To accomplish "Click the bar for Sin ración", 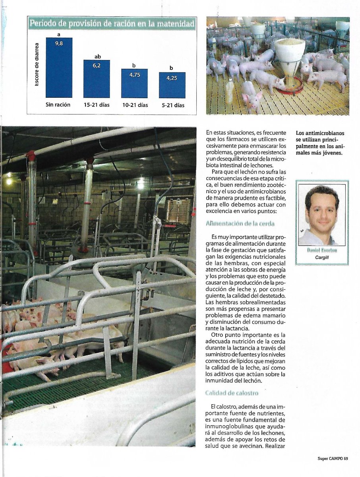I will click(x=59, y=68).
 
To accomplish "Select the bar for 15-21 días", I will click(x=96, y=79).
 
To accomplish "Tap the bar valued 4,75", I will click(x=134, y=83).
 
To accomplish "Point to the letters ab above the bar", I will click(x=98, y=56).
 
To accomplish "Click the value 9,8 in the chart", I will click(x=59, y=44).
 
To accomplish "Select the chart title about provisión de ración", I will click(x=112, y=24).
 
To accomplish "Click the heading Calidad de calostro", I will click(x=232, y=393).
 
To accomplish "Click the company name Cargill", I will click(x=322, y=257).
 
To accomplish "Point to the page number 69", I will click(x=346, y=459).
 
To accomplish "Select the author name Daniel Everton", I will click(x=322, y=250).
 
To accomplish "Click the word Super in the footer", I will click(x=323, y=459).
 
